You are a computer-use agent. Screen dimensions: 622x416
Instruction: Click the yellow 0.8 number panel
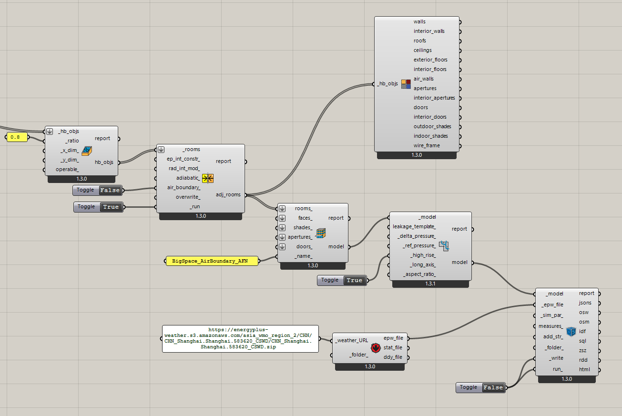[17, 137]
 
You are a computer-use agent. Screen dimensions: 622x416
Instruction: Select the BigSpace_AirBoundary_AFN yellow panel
[212, 261]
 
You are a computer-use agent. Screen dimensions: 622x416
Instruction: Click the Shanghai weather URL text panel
[240, 338]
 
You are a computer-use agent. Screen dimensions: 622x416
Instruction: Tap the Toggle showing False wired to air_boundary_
[97, 190]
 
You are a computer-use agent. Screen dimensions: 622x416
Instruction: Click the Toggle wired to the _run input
[98, 207]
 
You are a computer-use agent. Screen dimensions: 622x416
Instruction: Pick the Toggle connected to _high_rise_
[342, 280]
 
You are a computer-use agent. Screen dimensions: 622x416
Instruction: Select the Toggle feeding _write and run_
[480, 387]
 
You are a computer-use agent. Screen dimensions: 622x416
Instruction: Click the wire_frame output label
[427, 145]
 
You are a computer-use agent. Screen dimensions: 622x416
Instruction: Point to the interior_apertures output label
[434, 98]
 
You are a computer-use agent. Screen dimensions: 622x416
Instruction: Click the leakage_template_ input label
[414, 227]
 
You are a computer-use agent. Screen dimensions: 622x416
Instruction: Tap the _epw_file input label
[552, 304]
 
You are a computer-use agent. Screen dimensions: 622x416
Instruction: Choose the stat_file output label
[393, 348]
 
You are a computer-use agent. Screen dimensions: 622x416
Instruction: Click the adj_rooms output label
[228, 195]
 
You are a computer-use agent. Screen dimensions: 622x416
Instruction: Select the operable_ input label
[67, 169]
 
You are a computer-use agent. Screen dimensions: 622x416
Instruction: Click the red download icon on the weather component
[376, 348]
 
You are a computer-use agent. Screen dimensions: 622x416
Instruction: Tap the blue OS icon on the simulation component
[571, 332]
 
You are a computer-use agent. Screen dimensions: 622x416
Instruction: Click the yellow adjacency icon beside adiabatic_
[208, 178]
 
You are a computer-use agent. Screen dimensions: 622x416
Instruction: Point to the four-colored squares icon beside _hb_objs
[406, 84]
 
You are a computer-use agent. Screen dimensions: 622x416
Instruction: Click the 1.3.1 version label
[430, 284]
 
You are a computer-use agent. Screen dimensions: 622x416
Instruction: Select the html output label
[584, 370]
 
